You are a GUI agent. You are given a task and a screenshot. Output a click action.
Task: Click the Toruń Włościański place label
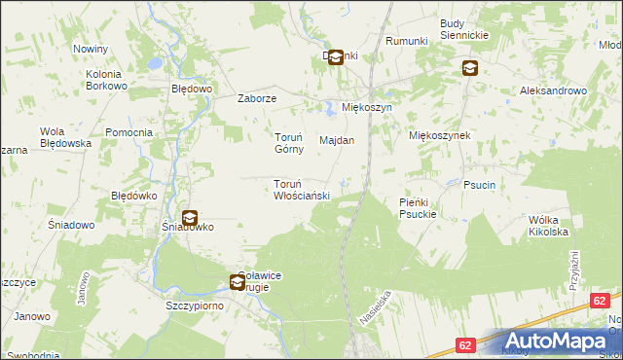pyautogui.click(x=302, y=190)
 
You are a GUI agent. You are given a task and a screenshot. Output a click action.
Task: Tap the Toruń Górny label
pyautogui.click(x=288, y=143)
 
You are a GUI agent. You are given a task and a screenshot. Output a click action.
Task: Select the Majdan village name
pyautogui.click(x=337, y=140)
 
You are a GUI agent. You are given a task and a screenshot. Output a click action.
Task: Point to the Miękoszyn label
pyautogui.click(x=366, y=107)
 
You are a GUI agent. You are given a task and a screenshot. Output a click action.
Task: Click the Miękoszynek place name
pyautogui.click(x=440, y=135)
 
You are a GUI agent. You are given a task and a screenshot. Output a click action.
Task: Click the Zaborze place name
pyautogui.click(x=259, y=98)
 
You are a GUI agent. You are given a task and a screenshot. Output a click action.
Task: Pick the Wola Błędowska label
pyautogui.click(x=65, y=137)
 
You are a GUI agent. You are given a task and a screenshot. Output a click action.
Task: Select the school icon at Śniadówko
pyautogui.click(x=189, y=220)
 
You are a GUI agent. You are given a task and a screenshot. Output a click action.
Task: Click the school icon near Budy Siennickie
pyautogui.click(x=470, y=68)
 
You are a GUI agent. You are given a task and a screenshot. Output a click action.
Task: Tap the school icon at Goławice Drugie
pyautogui.click(x=238, y=283)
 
